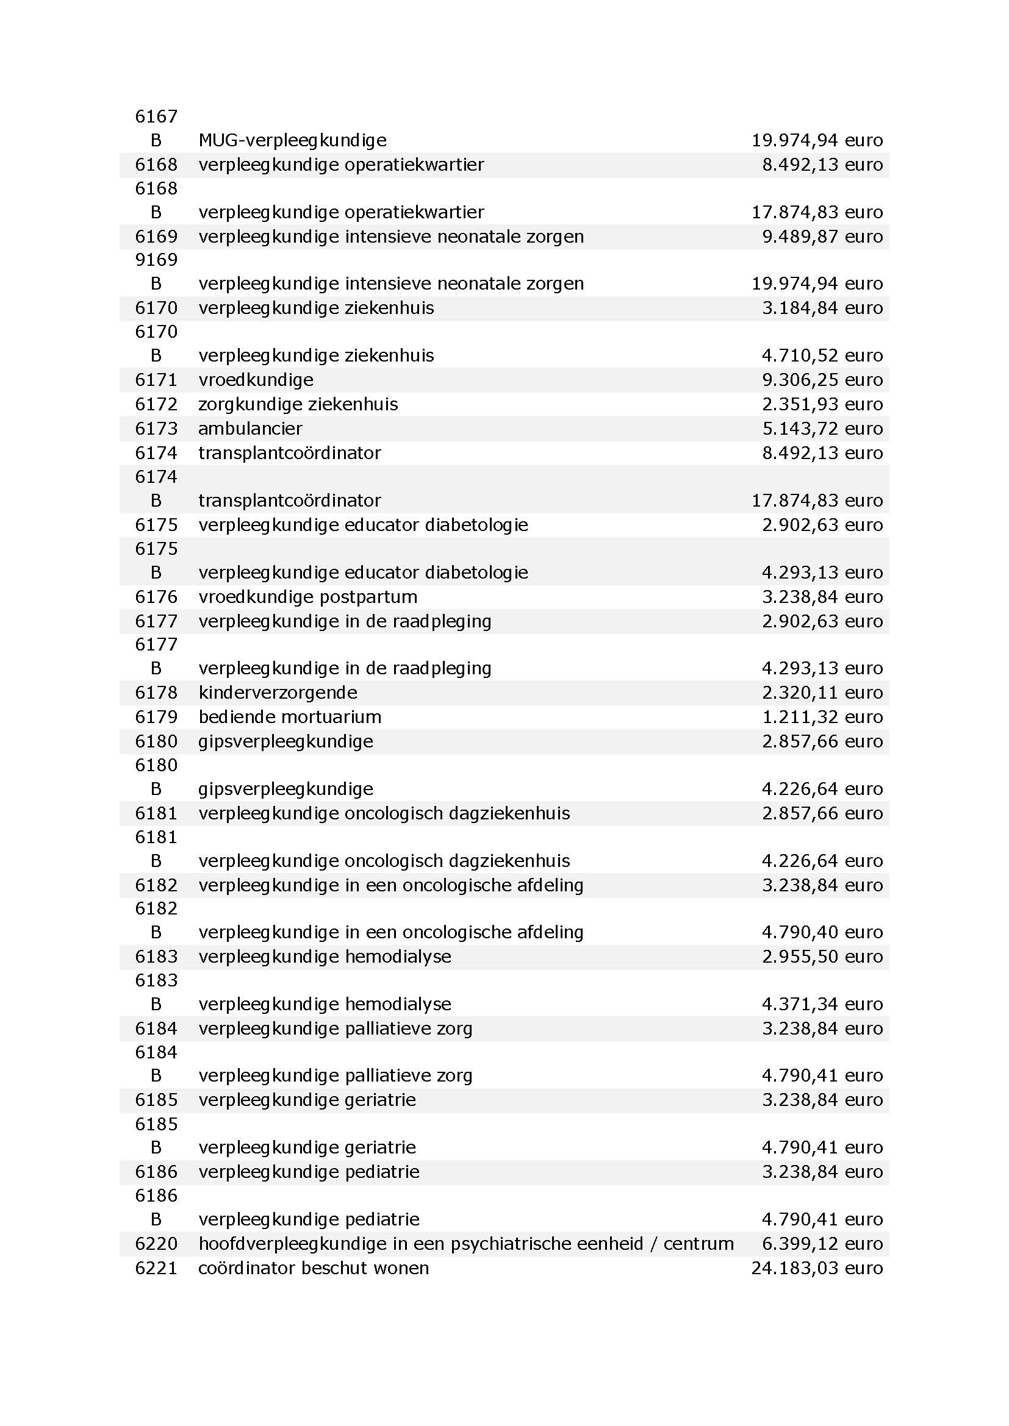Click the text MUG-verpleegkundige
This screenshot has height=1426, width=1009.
(292, 140)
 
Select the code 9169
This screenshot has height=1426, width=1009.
(156, 260)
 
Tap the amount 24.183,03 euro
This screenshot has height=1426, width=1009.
(816, 1267)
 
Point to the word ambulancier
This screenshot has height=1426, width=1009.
(250, 429)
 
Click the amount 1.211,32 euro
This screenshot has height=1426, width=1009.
(822, 717)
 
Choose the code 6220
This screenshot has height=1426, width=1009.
(156, 1243)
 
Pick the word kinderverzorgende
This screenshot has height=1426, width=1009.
(278, 693)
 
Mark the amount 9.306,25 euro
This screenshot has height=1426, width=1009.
(822, 379)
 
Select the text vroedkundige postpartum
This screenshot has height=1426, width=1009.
(307, 597)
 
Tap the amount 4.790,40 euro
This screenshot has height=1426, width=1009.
(822, 932)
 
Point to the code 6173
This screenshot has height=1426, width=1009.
(156, 429)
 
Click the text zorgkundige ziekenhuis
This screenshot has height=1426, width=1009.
(298, 404)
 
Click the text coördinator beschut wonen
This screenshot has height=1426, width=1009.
(313, 1267)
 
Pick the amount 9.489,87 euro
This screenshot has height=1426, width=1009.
(822, 237)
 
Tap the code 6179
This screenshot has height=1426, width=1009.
(156, 717)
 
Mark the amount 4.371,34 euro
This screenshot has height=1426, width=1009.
(822, 1004)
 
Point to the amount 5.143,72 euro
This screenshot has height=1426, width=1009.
(822, 429)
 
